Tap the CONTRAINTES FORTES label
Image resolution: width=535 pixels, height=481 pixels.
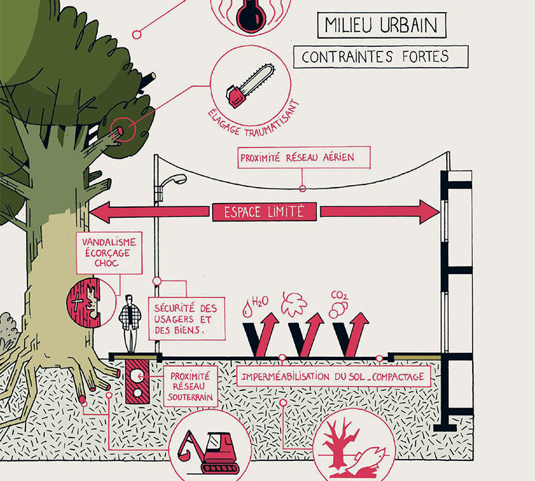[x=380, y=57]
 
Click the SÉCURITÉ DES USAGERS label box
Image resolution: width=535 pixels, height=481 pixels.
[x=185, y=318]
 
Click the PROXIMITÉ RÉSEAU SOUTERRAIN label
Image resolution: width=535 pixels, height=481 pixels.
[x=191, y=387]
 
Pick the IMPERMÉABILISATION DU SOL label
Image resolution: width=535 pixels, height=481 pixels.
[x=331, y=377]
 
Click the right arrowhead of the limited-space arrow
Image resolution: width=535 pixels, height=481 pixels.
[x=428, y=212]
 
